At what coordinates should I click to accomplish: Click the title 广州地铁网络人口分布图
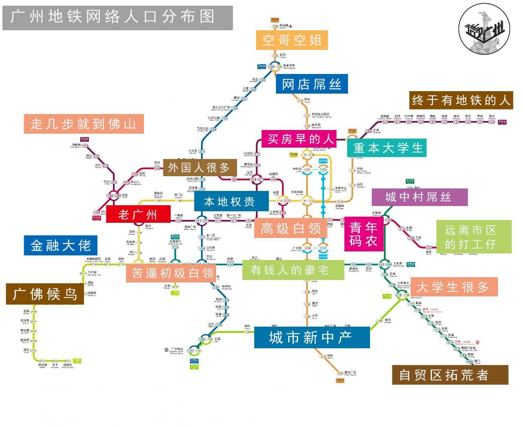[x=117, y=18]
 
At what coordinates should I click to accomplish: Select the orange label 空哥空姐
[x=292, y=40]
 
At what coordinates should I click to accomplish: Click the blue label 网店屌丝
[x=312, y=85]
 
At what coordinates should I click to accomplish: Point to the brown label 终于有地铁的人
[x=461, y=100]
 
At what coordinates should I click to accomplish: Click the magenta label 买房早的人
[x=299, y=139]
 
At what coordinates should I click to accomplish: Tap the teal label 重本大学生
[x=386, y=148]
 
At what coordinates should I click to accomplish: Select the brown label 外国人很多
[x=199, y=168]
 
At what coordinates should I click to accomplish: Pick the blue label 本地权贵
[x=230, y=202]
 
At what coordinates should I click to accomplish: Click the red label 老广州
[x=138, y=214]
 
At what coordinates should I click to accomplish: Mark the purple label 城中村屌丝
[x=419, y=197]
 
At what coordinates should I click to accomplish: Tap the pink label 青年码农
[x=363, y=233]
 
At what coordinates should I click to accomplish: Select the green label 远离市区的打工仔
[x=473, y=237]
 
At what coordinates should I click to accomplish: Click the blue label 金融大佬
[x=61, y=245]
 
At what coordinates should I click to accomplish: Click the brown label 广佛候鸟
[x=45, y=294]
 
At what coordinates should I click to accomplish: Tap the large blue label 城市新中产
[x=312, y=338]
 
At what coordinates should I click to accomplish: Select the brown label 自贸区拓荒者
[x=449, y=375]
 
